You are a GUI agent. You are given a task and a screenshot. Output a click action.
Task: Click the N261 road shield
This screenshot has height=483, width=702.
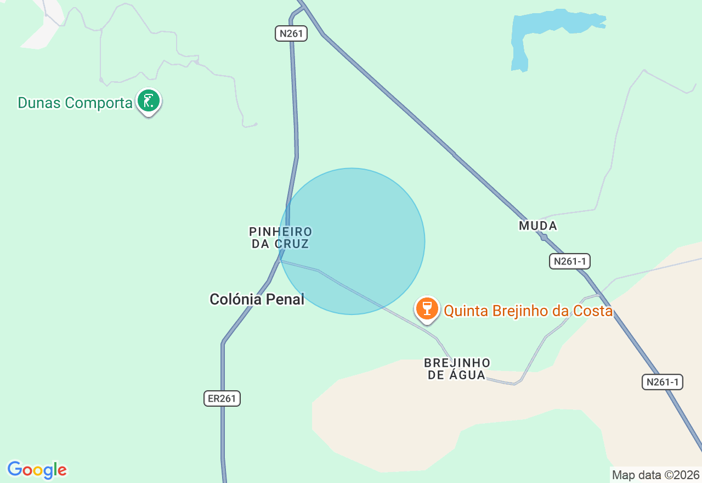tap(291, 33)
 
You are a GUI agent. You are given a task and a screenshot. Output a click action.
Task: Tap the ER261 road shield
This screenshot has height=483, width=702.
tap(222, 398)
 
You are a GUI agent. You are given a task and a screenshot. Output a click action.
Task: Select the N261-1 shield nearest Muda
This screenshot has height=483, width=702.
tap(569, 261)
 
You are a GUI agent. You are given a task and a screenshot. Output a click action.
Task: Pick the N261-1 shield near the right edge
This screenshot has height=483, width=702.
tap(662, 382)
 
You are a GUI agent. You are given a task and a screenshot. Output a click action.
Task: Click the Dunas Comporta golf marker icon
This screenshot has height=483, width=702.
tap(149, 101)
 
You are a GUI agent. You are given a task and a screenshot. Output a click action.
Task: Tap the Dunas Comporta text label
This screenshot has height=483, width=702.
tap(75, 103)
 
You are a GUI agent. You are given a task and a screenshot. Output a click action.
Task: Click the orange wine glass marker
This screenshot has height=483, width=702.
tap(427, 308)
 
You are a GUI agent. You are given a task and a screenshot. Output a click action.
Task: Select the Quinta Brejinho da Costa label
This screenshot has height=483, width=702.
tap(528, 311)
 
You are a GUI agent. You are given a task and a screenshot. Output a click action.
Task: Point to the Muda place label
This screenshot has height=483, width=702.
tap(537, 226)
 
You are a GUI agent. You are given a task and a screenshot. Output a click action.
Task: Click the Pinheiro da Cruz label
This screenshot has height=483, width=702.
tap(280, 238)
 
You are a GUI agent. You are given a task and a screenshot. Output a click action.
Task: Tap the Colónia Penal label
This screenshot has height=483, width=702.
tap(257, 299)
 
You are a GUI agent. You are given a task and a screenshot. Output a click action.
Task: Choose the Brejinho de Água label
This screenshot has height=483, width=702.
tap(457, 369)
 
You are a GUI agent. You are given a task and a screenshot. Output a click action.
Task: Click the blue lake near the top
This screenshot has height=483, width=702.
tap(548, 27)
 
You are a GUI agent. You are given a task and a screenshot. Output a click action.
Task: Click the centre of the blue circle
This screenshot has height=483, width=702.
tap(352, 241)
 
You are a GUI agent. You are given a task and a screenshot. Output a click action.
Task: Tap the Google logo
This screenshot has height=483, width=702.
tap(37, 470)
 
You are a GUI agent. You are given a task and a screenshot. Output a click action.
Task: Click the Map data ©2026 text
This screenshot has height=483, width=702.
tap(655, 475)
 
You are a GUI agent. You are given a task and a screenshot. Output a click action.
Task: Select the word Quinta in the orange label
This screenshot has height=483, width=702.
tap(466, 311)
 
